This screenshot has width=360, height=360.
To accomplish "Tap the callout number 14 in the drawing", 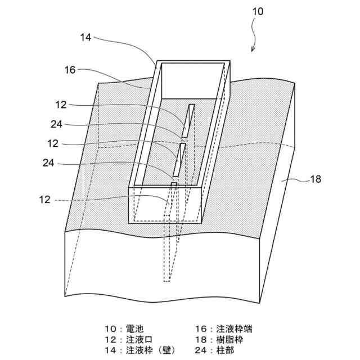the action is (86, 38).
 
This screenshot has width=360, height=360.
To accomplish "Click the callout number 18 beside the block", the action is (316, 180).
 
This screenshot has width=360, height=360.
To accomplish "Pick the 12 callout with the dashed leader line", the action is (45, 199).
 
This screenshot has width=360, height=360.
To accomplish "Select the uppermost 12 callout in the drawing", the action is (62, 104).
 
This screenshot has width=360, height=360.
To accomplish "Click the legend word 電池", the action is (138, 328).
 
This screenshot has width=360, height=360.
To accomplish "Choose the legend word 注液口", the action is (142, 339).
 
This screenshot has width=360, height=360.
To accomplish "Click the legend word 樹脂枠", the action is (232, 339).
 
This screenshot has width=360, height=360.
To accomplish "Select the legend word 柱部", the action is (227, 350).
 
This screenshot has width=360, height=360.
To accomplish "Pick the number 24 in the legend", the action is (200, 350).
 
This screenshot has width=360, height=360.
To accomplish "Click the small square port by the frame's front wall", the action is (174, 184).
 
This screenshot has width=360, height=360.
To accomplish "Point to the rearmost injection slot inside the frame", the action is (188, 119).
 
